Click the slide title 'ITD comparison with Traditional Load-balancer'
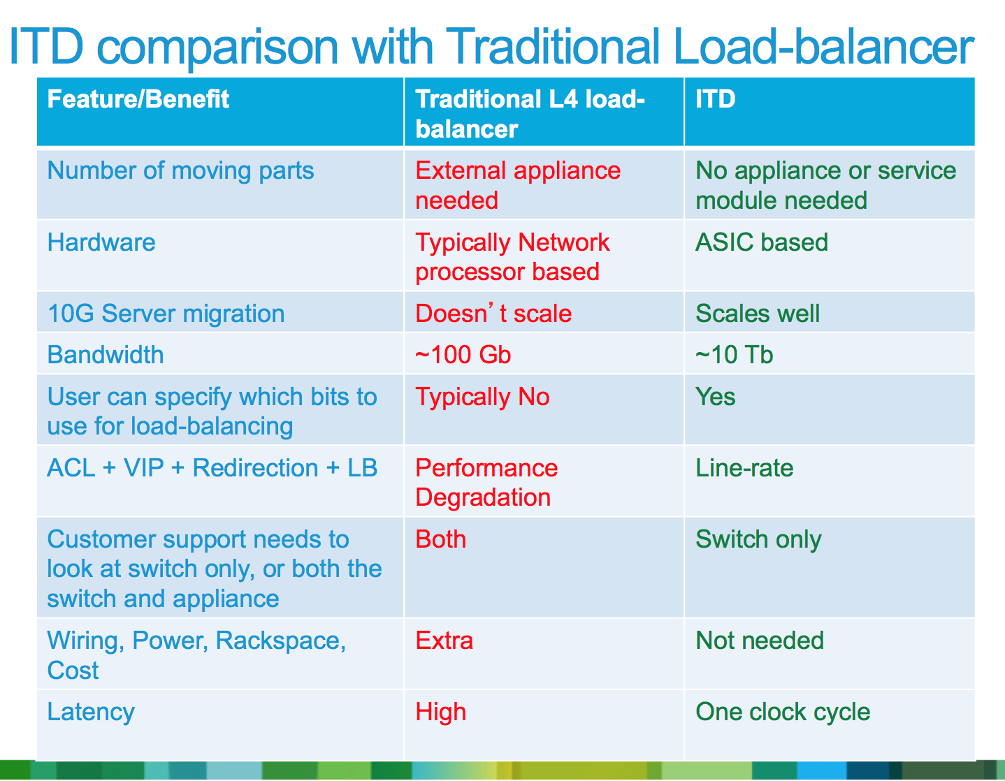(491, 46)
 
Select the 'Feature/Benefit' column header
(138, 99)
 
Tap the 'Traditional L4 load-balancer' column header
(529, 113)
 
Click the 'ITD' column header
(715, 99)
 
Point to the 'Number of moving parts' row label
(180, 170)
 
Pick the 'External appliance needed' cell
(517, 185)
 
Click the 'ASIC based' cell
(761, 242)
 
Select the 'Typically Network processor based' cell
(512, 256)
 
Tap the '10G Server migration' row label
(166, 314)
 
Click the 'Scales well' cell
(757, 314)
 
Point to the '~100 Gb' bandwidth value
(463, 355)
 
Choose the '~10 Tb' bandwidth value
(734, 355)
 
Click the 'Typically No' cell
(482, 397)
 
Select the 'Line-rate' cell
(744, 468)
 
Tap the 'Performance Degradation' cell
(486, 482)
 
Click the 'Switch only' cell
(758, 539)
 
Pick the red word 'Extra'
(444, 641)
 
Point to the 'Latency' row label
(91, 712)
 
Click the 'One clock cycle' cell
(783, 712)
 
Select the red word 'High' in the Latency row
(440, 712)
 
